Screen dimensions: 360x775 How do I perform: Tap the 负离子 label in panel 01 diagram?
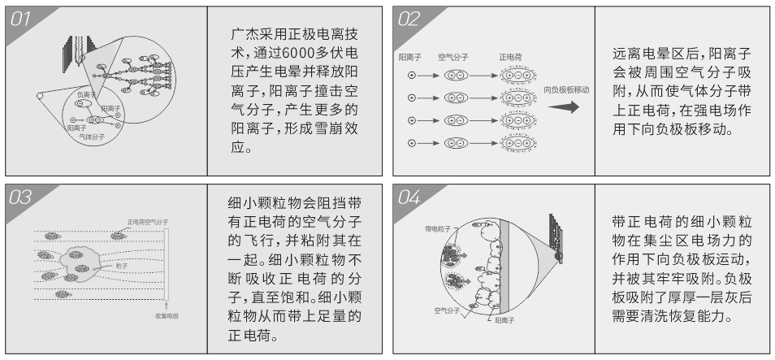86,95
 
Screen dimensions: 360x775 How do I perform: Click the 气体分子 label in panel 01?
92,137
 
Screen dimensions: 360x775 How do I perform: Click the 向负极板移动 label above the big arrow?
566,90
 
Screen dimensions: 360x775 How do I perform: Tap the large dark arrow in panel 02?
565,108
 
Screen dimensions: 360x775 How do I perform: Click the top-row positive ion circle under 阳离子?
411,76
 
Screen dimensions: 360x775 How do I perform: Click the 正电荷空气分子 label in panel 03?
147,222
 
